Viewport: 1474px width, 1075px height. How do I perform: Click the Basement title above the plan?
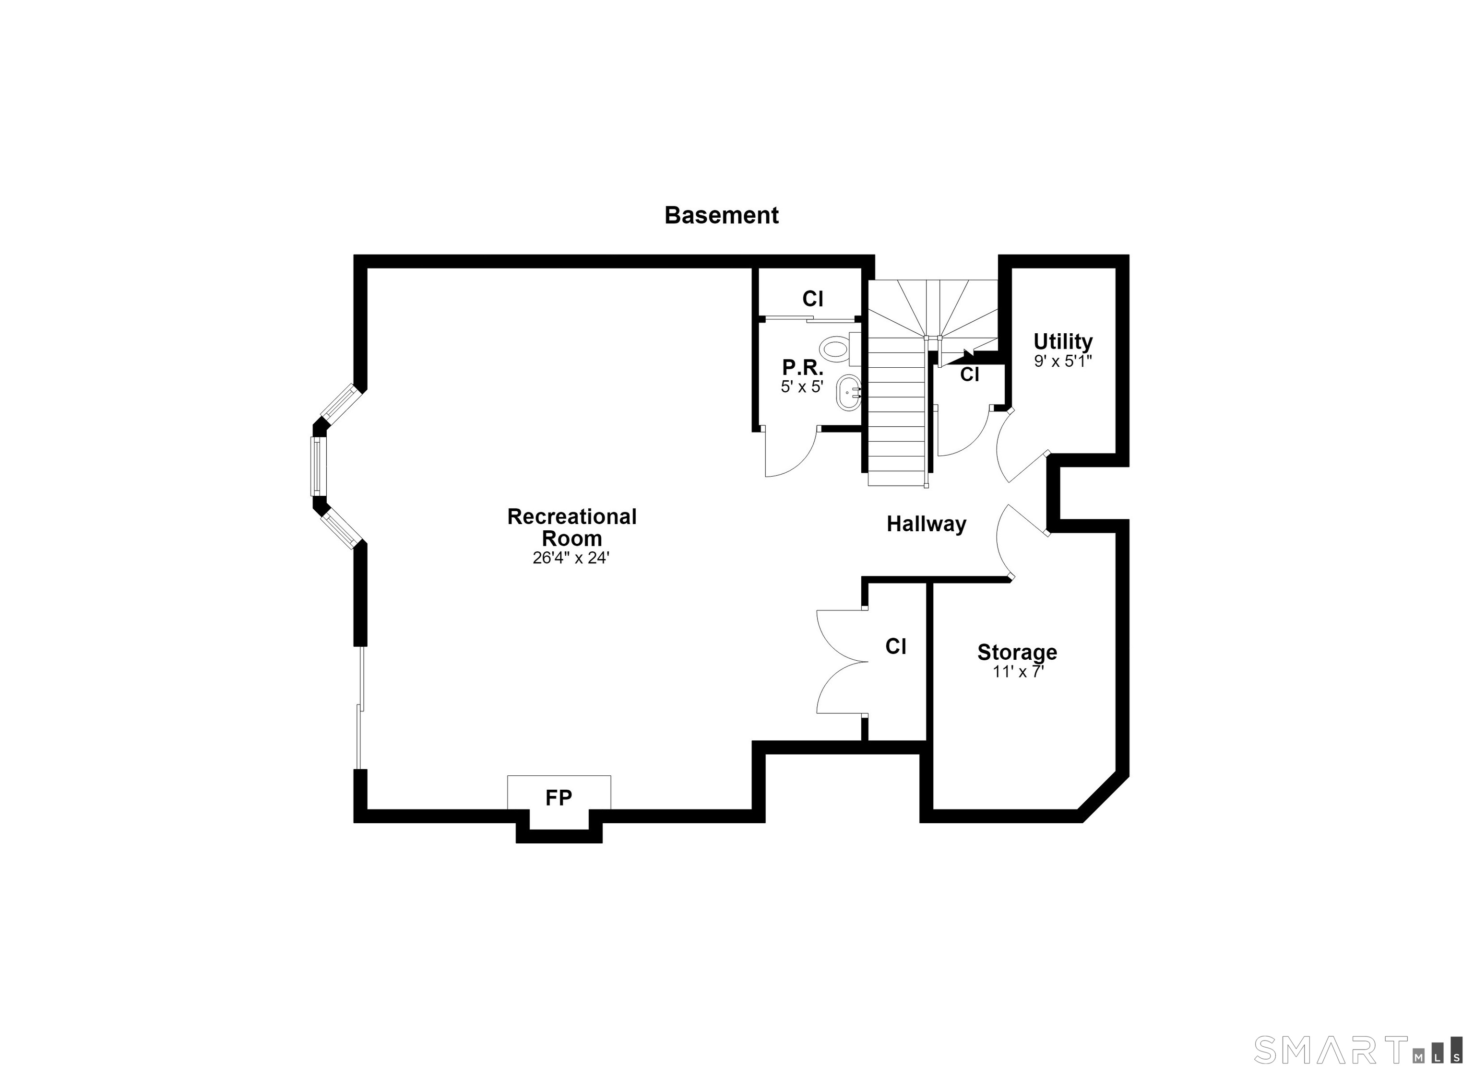[x=721, y=215]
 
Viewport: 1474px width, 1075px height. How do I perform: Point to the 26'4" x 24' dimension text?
[x=571, y=558]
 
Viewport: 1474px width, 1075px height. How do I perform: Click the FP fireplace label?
[x=559, y=798]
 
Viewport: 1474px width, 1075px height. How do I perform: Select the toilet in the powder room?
[x=839, y=348]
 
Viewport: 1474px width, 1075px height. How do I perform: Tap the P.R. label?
[x=803, y=368]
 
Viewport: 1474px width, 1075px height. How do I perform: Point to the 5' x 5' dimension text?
[x=802, y=386]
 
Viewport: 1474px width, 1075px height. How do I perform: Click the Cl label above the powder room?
[x=812, y=299]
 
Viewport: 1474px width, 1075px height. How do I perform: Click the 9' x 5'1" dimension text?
[x=1062, y=361]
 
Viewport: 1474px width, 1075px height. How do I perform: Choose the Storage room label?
[x=1017, y=652]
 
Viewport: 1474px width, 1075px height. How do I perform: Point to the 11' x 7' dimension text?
[x=1018, y=672]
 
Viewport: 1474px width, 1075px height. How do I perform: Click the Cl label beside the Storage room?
[x=896, y=646]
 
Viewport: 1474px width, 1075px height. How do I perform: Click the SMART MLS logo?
[x=1358, y=1050]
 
